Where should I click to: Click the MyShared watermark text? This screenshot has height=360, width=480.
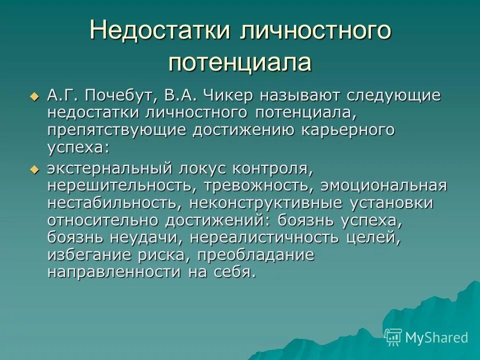click(436, 337)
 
